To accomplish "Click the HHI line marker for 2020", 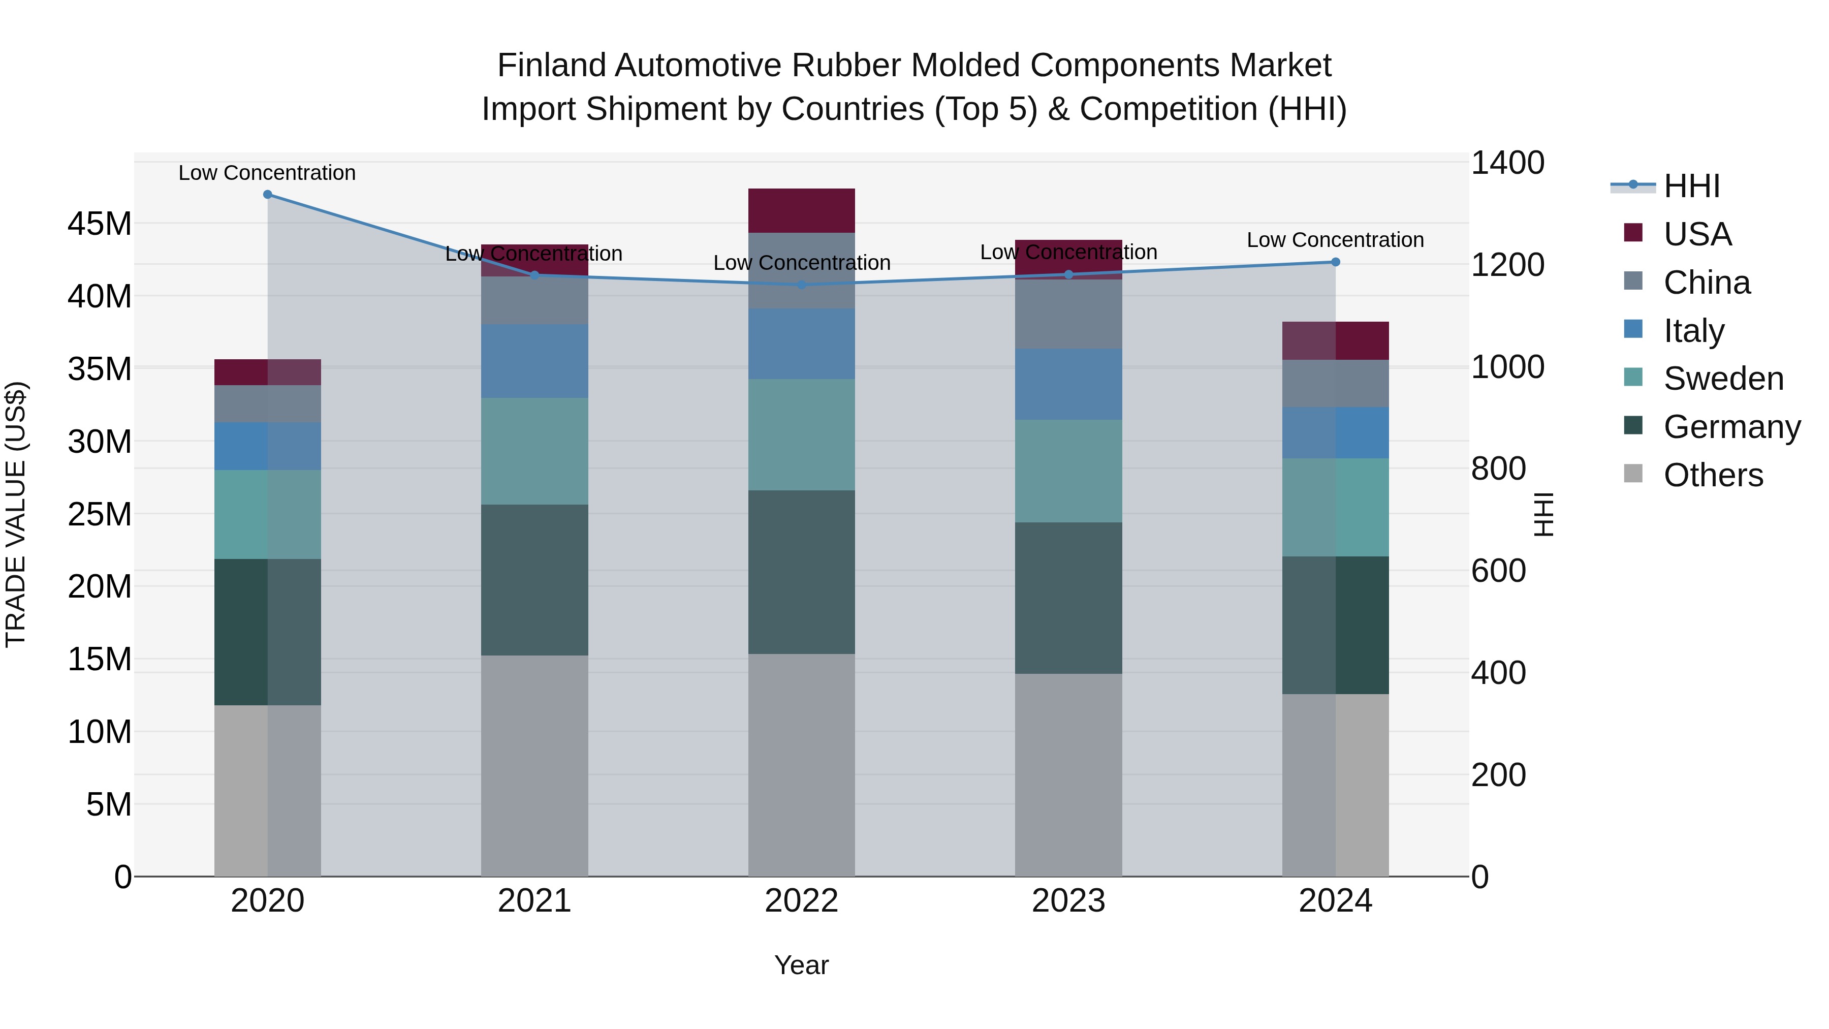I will coord(268,195).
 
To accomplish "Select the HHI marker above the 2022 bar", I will coord(802,285).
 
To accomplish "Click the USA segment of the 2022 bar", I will coord(802,210).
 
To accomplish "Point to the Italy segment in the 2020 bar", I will coord(268,446).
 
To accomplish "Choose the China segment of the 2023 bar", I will coord(1068,314).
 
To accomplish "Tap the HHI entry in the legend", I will coord(1691,186).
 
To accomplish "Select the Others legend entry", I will coord(1713,475).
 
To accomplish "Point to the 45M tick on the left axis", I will coord(100,224).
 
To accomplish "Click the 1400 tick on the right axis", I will coord(1507,163).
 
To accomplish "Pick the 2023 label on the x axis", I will coord(1068,901).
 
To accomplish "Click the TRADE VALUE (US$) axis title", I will coord(16,514).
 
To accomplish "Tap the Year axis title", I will coord(802,965).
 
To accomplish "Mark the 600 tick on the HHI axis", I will coord(1498,571).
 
